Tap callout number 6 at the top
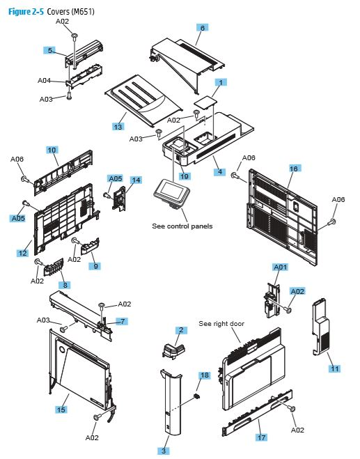[x=202, y=28]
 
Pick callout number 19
[x=185, y=176]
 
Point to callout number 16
[x=294, y=169]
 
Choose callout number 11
[x=334, y=368]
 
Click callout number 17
[x=261, y=437]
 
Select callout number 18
[x=204, y=375]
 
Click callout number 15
[x=61, y=410]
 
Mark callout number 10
[x=52, y=150]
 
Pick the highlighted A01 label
[x=279, y=267]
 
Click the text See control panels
[x=182, y=226]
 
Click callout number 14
[x=136, y=180]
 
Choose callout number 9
[x=96, y=266]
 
